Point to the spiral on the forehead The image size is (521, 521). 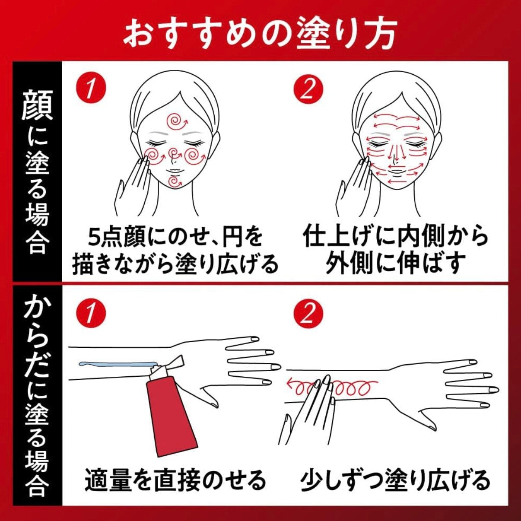[177, 121]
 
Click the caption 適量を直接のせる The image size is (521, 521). [175, 480]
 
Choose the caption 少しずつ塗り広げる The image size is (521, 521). [395, 480]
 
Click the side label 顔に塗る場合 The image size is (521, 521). [37, 171]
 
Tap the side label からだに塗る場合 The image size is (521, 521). [37, 395]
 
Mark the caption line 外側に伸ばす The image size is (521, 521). [395, 263]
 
